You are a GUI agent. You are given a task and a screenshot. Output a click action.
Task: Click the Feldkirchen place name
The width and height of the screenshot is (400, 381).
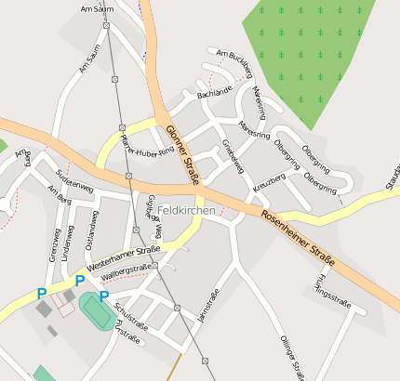coord(187,211)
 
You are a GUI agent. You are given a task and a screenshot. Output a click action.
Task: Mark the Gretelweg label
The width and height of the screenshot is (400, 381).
coord(233,154)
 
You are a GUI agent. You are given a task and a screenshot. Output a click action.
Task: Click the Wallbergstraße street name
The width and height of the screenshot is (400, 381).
coord(126,271)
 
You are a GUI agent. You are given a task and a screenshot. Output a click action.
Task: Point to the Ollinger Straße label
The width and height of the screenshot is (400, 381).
coord(291,358)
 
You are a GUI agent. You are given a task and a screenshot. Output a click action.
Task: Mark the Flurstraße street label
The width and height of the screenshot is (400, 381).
coord(125,334)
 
